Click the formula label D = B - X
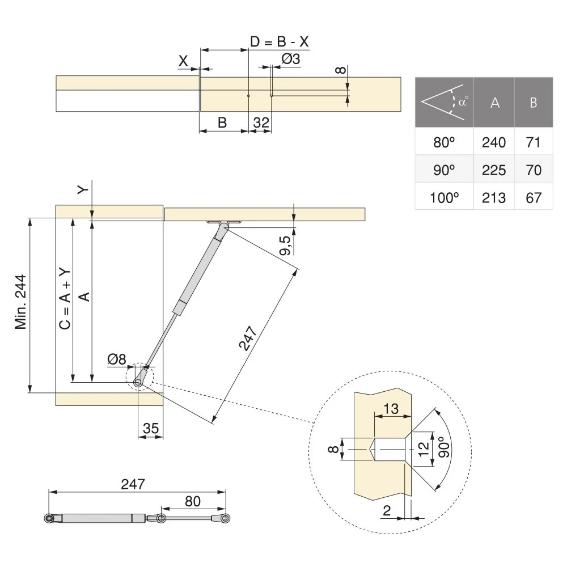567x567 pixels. click(x=280, y=41)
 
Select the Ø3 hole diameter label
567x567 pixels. click(x=290, y=58)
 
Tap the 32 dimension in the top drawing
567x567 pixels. click(x=261, y=122)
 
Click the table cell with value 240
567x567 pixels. click(x=493, y=142)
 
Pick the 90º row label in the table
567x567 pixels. click(x=444, y=170)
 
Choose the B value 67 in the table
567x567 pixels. click(x=533, y=197)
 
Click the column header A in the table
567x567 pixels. click(x=494, y=103)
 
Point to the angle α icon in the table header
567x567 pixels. click(x=445, y=103)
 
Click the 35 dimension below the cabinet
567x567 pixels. click(x=150, y=429)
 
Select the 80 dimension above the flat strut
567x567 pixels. click(x=193, y=501)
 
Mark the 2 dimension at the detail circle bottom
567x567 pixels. click(x=387, y=511)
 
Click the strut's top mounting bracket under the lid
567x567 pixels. click(x=225, y=223)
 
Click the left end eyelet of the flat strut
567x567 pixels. click(x=49, y=518)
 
